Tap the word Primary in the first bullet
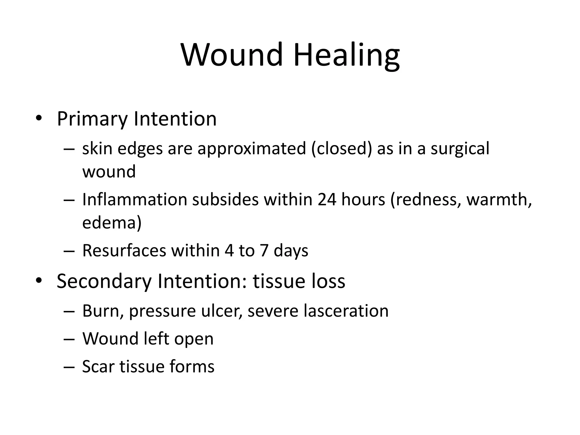[x=92, y=119]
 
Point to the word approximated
[x=252, y=148]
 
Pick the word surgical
[x=460, y=149]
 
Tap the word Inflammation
[x=135, y=199]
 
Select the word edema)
[x=112, y=223]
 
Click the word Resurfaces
[x=124, y=251]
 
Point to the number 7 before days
[x=264, y=251]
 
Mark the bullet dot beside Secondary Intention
[x=39, y=280]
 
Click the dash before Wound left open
[x=69, y=339]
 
